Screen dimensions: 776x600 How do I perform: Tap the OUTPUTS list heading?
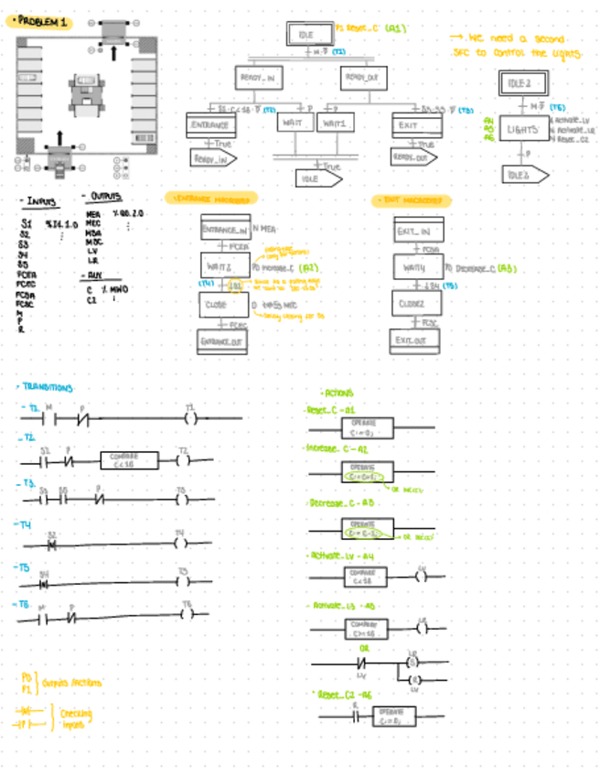(x=103, y=197)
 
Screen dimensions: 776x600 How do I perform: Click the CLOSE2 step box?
(x=417, y=304)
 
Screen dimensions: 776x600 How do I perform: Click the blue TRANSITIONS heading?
(x=48, y=388)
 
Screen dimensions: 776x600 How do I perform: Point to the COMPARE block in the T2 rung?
(x=123, y=460)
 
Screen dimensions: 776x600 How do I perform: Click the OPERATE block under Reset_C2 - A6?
(x=394, y=716)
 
